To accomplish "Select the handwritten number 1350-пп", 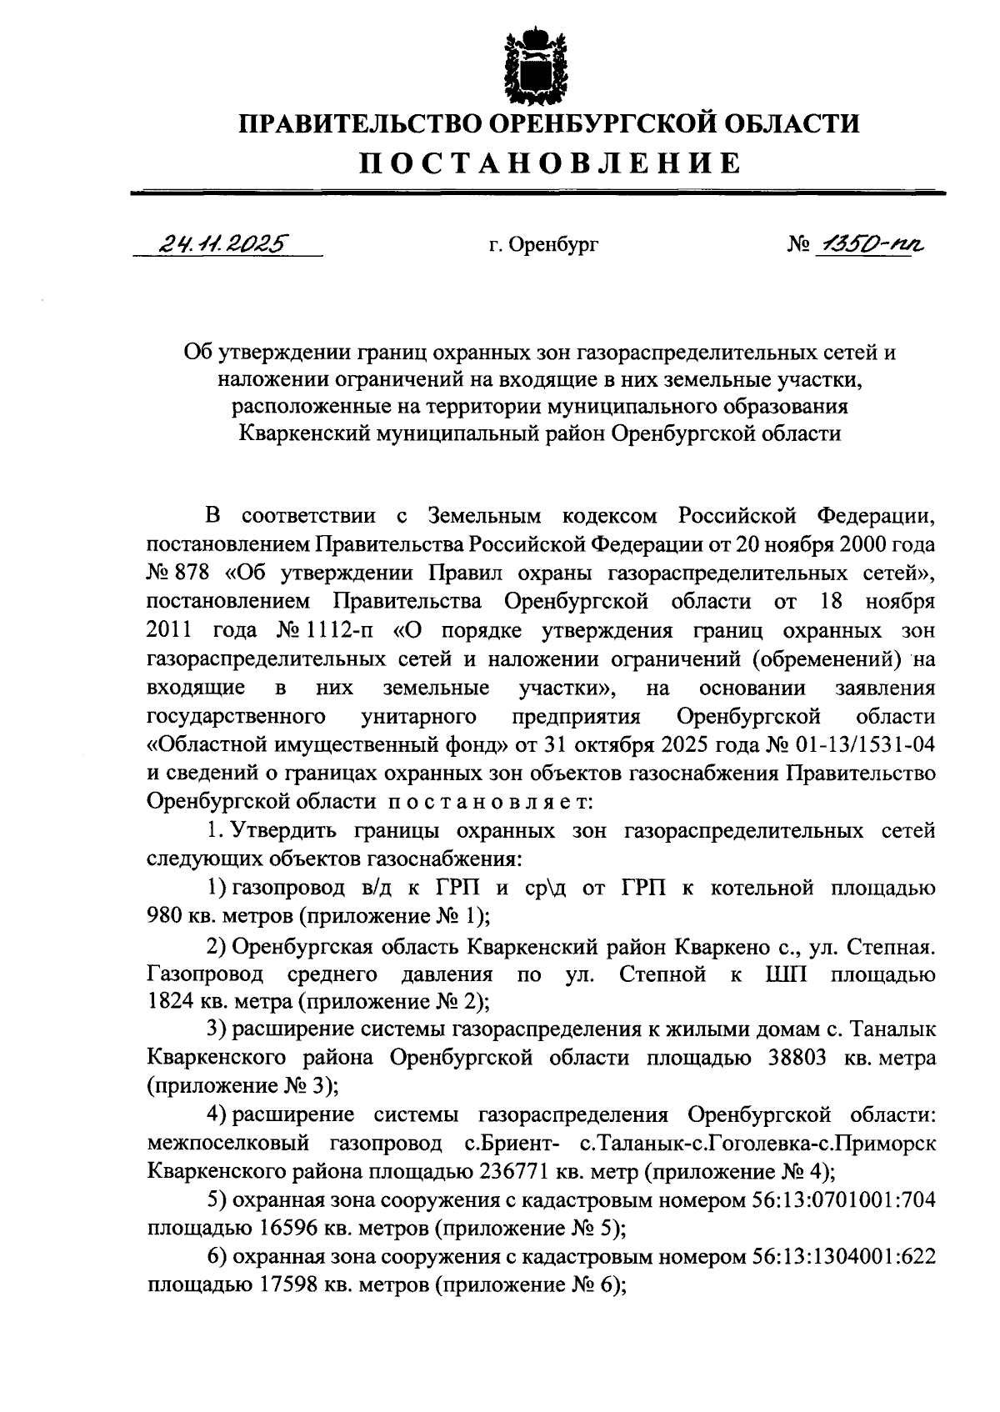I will pyautogui.click(x=870, y=243).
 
